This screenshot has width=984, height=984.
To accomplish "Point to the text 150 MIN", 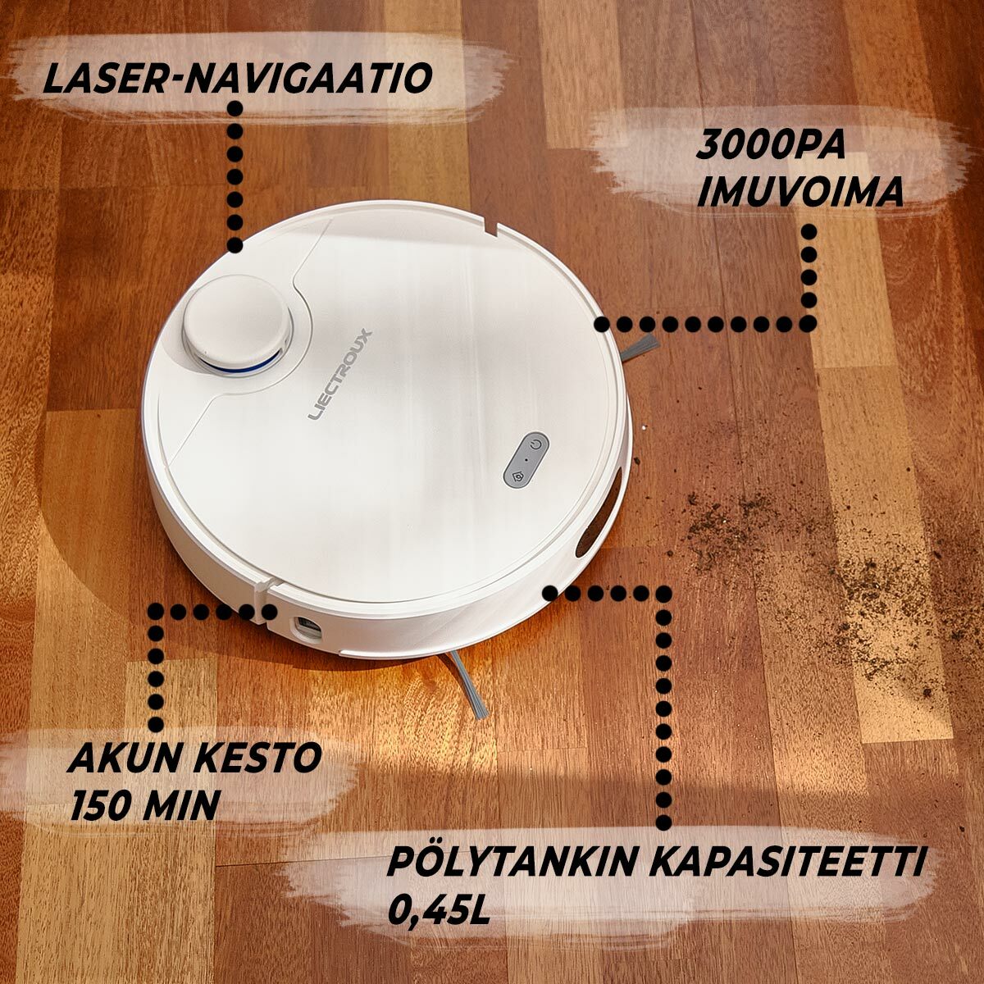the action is pyautogui.click(x=144, y=805).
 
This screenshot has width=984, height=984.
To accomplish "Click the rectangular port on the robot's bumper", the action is pyautogui.click(x=306, y=628).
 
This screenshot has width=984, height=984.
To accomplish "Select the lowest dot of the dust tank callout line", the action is pyautogui.click(x=663, y=822).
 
